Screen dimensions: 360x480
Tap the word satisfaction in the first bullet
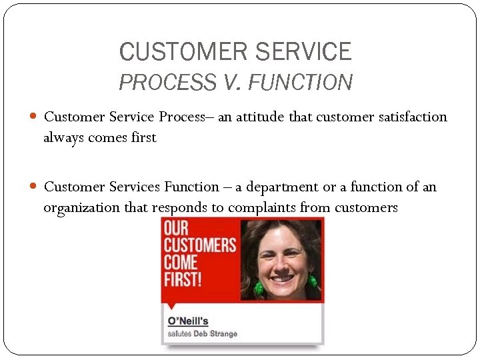coord(409,117)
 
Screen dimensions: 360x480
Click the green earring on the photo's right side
coord(311,279)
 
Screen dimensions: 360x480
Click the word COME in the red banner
coord(181,261)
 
